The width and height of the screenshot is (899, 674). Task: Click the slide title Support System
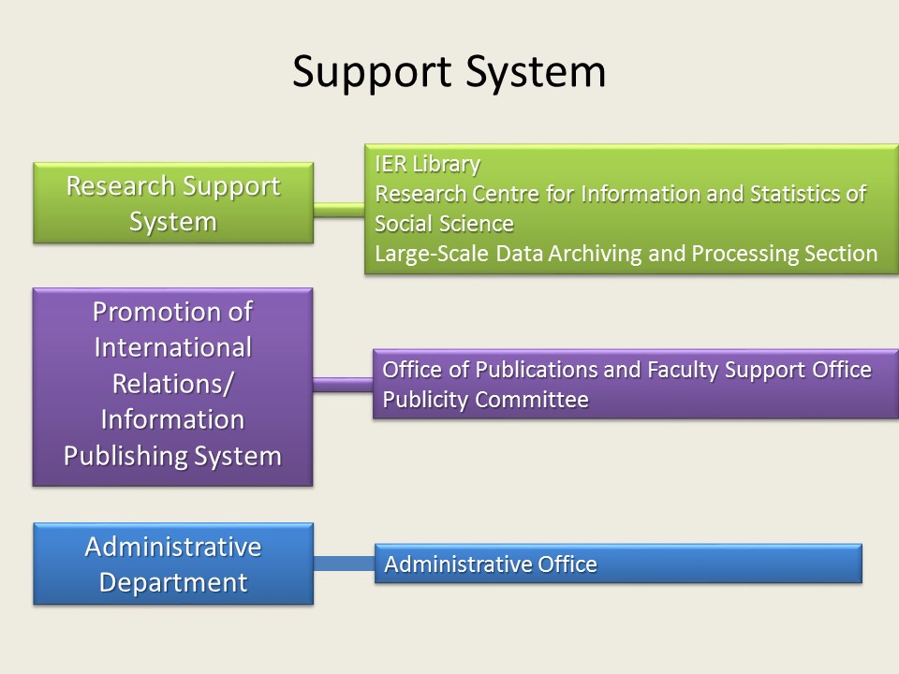click(x=449, y=72)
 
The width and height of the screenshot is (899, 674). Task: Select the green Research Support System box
click(x=173, y=203)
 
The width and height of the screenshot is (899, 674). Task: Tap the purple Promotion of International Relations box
click(x=172, y=387)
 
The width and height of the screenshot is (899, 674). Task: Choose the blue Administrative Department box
click(x=173, y=564)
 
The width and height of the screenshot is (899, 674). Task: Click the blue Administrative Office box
click(x=618, y=564)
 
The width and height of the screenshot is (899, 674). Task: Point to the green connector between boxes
click(x=339, y=210)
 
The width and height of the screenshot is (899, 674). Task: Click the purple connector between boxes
click(x=343, y=385)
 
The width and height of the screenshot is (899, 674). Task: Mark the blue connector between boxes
click(x=344, y=564)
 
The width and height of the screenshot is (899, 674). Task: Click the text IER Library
click(x=428, y=165)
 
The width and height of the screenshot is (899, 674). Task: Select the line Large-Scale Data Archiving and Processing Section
click(x=626, y=254)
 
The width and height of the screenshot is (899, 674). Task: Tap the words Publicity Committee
click(x=486, y=400)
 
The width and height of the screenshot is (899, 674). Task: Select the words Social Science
click(x=444, y=224)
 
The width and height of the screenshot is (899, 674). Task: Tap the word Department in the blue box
click(x=173, y=583)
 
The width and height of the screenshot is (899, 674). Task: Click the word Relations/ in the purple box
click(x=172, y=384)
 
